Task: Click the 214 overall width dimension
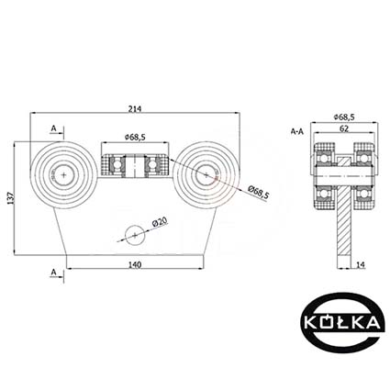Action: (x=135, y=109)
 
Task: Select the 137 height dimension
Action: (x=10, y=198)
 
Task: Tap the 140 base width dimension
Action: (x=135, y=265)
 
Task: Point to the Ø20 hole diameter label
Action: (x=160, y=221)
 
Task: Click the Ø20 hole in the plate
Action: (x=135, y=235)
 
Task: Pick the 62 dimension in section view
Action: (x=344, y=128)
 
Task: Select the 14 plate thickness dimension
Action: (x=361, y=265)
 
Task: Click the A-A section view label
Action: (x=297, y=132)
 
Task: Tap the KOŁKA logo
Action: (x=342, y=322)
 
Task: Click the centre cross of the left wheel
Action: (x=63, y=175)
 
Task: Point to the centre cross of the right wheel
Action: (x=206, y=175)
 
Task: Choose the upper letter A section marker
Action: (x=54, y=129)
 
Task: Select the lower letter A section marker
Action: (x=54, y=272)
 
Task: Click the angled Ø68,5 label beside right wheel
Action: (x=258, y=193)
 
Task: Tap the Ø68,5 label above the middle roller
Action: (x=135, y=138)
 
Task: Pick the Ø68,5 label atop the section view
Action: (x=344, y=117)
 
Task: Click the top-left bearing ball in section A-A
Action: (x=325, y=159)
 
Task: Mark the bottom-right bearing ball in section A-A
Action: (x=363, y=194)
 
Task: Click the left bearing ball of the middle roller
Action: (x=117, y=164)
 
